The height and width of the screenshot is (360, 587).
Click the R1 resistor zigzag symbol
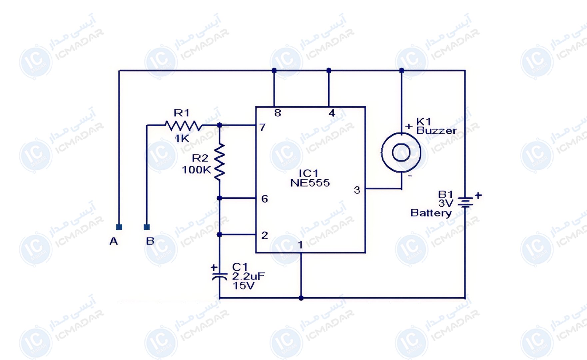point(184,126)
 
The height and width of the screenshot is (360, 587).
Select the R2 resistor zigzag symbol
point(219,162)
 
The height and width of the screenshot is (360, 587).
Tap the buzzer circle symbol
point(401,153)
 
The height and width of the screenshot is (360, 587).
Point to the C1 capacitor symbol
point(219,276)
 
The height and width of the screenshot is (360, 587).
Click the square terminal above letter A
point(119,227)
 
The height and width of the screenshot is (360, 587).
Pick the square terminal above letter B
point(147,227)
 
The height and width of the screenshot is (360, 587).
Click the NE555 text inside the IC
point(310,183)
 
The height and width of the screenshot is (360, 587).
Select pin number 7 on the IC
point(263,127)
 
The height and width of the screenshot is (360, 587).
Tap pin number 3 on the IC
point(357,190)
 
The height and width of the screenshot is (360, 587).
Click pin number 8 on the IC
point(278,113)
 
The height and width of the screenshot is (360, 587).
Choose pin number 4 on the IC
point(331,113)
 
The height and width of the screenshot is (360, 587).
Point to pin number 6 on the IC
point(265,199)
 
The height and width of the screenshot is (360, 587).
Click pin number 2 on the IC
point(265,235)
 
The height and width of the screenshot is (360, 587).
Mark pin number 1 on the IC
point(300,245)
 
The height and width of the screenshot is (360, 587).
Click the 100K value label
point(197,170)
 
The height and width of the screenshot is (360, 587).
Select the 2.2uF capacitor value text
point(249,276)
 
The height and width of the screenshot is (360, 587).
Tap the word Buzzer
point(436,130)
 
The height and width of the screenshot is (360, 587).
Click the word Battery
point(431,213)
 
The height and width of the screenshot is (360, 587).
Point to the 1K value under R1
point(182,138)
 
